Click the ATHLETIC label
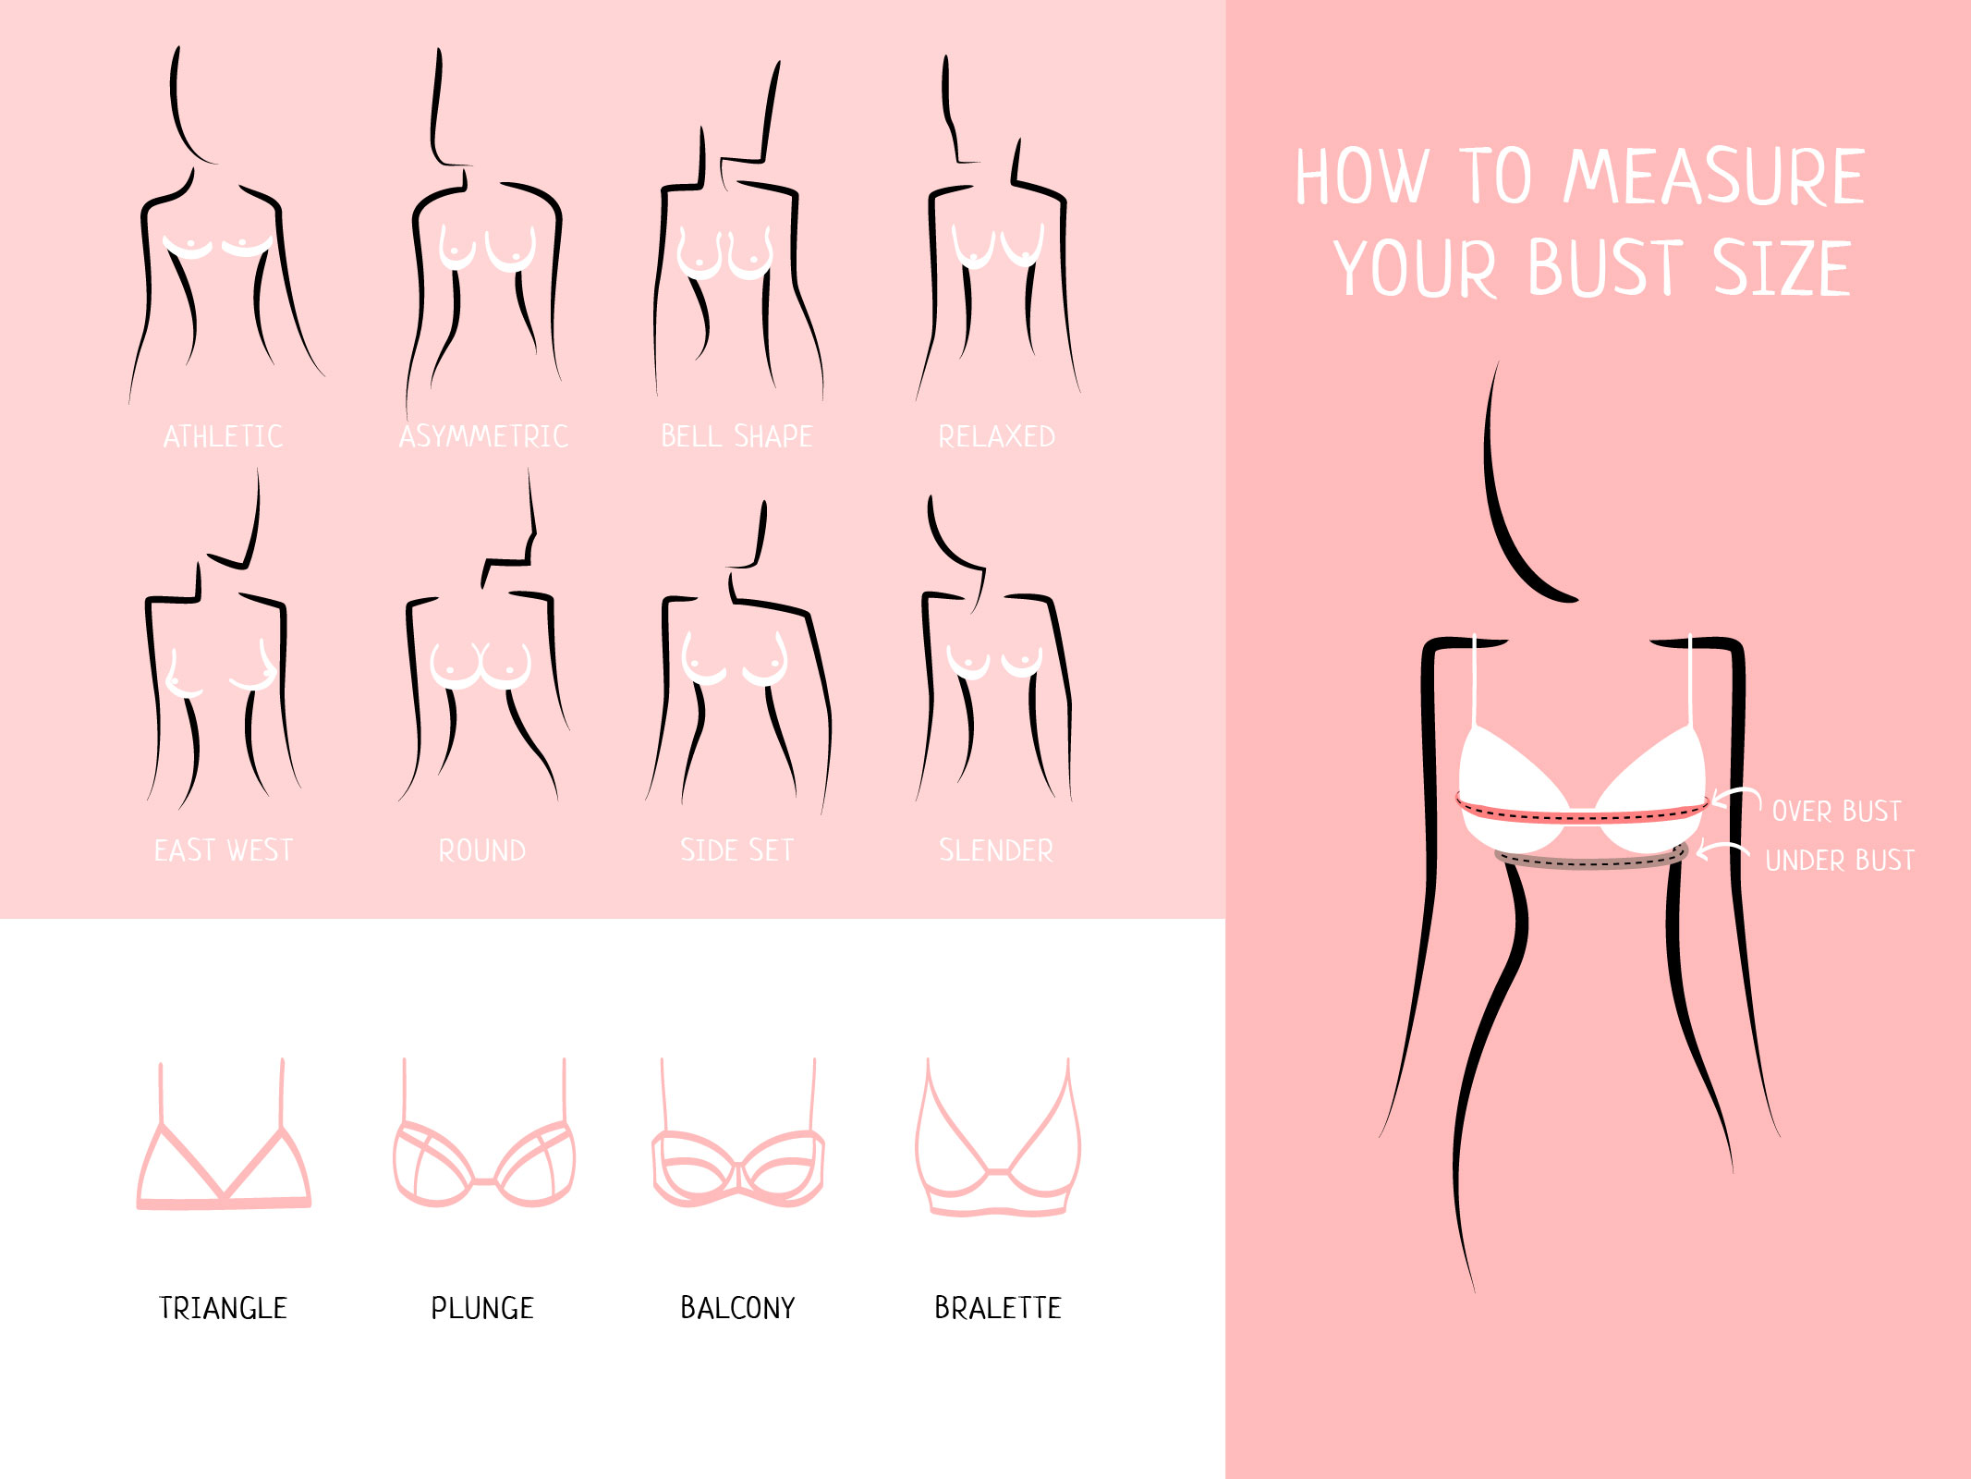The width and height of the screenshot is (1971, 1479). pos(223,436)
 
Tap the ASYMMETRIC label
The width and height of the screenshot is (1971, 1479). pos(483,436)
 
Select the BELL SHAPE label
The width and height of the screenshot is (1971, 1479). pos(736,436)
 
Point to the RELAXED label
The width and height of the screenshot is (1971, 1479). pos(996,436)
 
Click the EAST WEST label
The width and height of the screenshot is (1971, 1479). pos(224,850)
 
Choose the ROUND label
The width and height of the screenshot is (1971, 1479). pos(482,850)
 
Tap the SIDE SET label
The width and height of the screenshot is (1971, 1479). pos(736,850)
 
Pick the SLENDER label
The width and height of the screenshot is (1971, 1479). pos(996,850)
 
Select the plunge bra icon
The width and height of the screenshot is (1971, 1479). pos(484,1180)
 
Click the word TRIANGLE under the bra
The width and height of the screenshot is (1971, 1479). pos(224,1308)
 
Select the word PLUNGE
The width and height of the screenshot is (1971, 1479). pos(482,1308)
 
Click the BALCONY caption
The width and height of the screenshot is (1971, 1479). pos(737,1308)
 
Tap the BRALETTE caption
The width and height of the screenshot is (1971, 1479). pos(998,1308)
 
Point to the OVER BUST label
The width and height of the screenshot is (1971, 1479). pos(1836,812)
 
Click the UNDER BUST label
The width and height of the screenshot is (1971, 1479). pos(1840,861)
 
